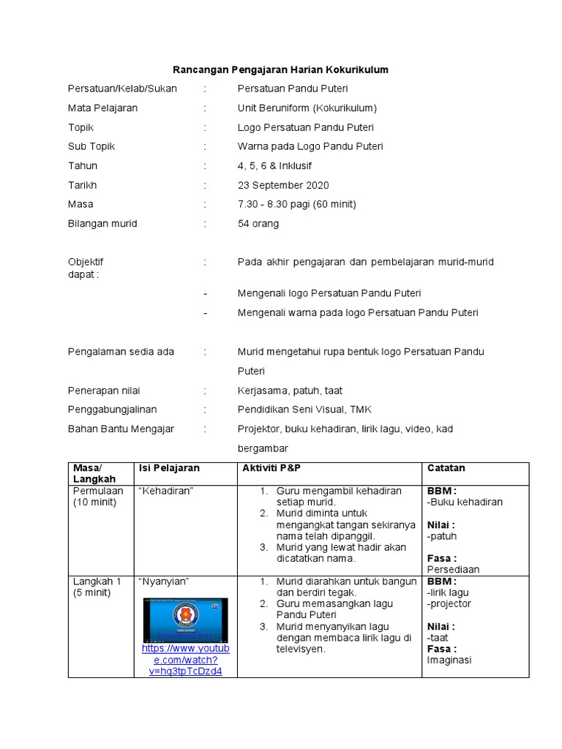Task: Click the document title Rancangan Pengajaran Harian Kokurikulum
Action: click(x=280, y=69)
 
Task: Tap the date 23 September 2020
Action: click(x=283, y=185)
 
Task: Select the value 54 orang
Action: click(x=258, y=224)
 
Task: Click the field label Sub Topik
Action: click(x=91, y=146)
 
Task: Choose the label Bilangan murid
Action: click(x=102, y=224)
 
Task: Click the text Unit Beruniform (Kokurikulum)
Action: click(x=307, y=108)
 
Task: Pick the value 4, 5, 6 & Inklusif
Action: click(x=274, y=166)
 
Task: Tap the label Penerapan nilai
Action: click(x=105, y=391)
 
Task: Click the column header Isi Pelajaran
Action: click(x=169, y=468)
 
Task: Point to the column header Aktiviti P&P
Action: click(x=271, y=468)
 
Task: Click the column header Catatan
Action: click(x=446, y=468)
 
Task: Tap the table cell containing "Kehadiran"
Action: click(x=165, y=491)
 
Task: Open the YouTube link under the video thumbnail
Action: click(x=185, y=660)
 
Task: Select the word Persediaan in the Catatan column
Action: click(x=453, y=569)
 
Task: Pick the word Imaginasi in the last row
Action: click(x=449, y=660)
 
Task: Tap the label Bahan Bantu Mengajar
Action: click(x=121, y=429)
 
